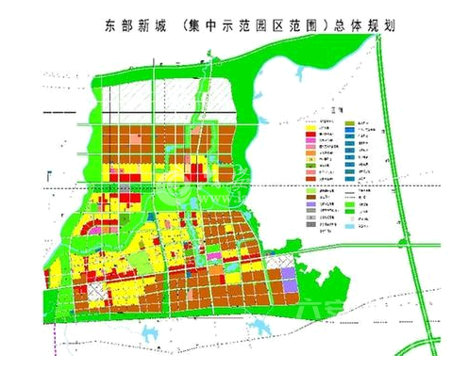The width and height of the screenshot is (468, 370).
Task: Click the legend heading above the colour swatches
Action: (326, 110)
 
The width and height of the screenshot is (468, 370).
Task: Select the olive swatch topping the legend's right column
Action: (350, 123)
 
